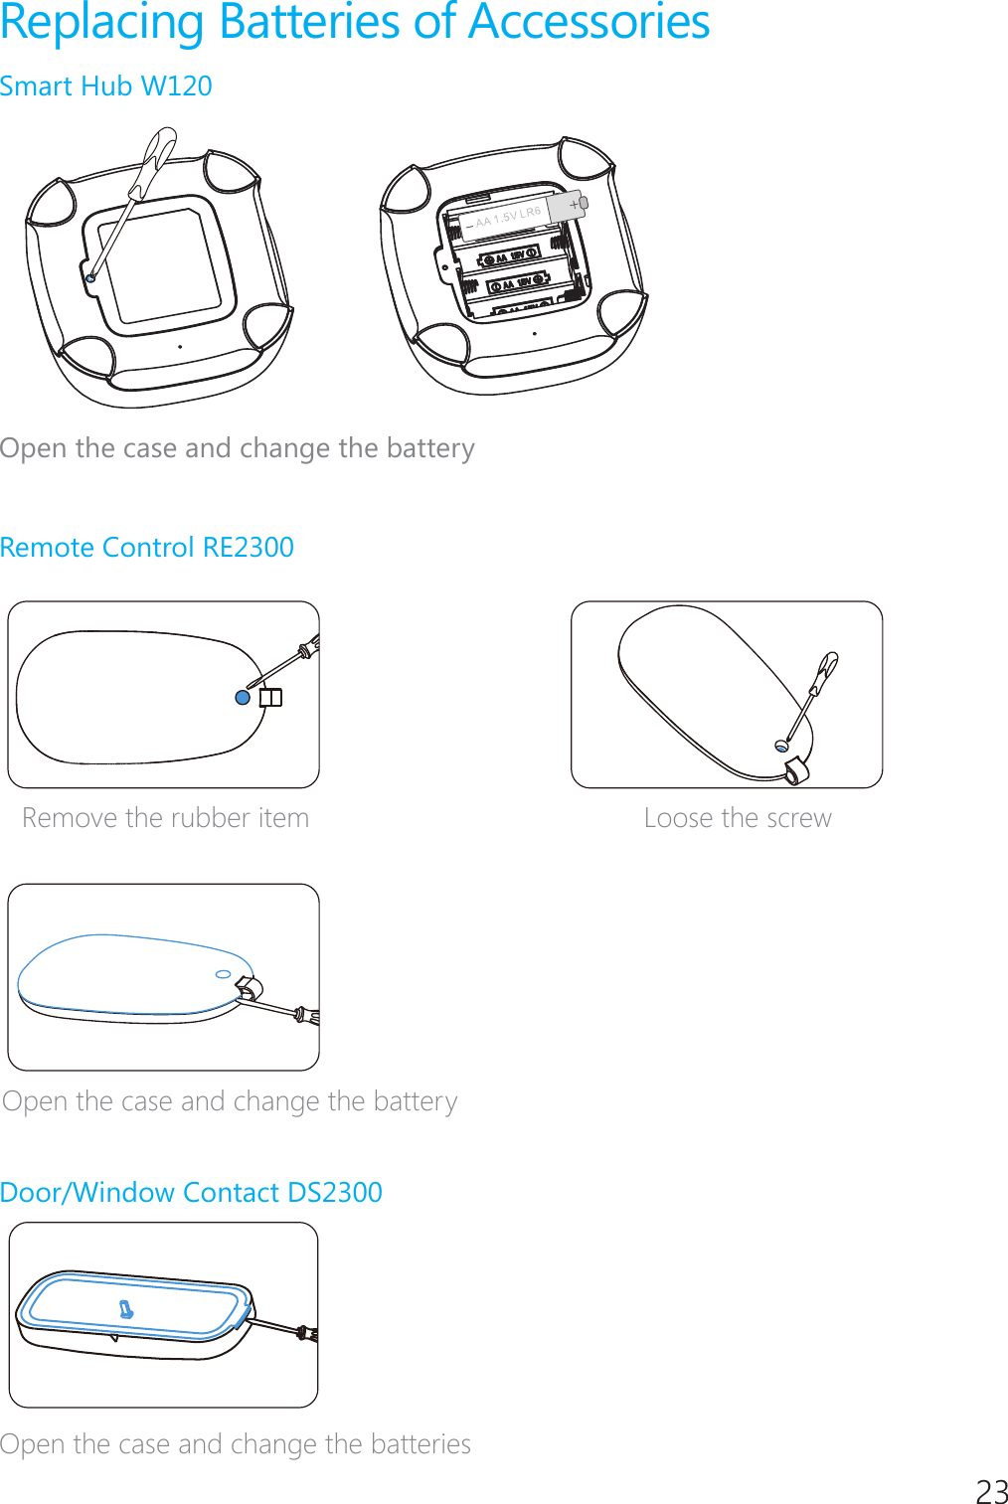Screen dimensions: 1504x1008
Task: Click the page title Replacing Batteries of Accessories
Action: tap(355, 22)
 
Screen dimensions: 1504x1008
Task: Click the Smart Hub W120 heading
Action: tap(106, 86)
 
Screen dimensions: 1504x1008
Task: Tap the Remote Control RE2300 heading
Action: tap(147, 548)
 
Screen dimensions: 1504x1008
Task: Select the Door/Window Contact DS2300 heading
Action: tap(191, 1192)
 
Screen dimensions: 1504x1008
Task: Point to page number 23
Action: tap(991, 1492)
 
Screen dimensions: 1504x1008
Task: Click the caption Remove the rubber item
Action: tap(165, 818)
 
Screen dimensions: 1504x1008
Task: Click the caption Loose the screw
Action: tap(737, 818)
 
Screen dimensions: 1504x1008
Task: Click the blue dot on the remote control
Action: tap(243, 698)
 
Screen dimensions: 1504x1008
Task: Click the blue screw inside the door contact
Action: tap(126, 1310)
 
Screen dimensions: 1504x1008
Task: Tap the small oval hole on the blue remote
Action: tap(224, 974)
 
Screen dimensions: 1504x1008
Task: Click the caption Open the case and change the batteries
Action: tap(236, 1444)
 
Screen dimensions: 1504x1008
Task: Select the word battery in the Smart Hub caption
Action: tap(430, 448)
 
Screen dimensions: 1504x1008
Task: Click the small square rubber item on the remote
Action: tap(270, 698)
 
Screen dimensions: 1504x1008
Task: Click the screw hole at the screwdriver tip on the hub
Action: tap(90, 278)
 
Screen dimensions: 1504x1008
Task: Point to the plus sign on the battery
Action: tap(574, 205)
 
